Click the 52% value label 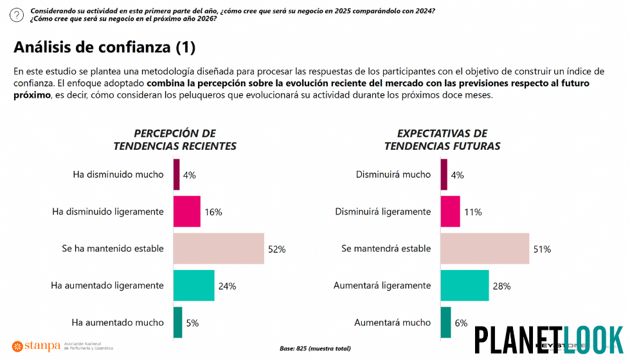(x=276, y=249)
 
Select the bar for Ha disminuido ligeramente (x=186, y=212)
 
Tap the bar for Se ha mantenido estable (x=218, y=249)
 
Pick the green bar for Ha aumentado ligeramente (x=194, y=285)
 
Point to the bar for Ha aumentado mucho (x=177, y=323)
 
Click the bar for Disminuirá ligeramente (x=450, y=212)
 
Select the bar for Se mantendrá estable (x=485, y=249)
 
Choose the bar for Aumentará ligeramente (x=465, y=285)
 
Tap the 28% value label (x=501, y=286)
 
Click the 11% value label (x=473, y=212)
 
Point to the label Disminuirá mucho (x=393, y=175)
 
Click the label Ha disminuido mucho (x=122, y=175)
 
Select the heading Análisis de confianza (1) (x=104, y=47)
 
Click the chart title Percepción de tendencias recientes (x=175, y=139)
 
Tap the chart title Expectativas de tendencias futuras (x=442, y=139)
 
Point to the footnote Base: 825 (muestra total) (x=315, y=348)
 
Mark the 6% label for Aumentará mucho (x=461, y=323)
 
